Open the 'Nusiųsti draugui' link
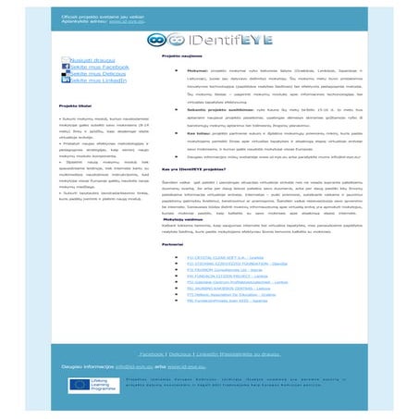(89, 59)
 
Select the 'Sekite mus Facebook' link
(97, 67)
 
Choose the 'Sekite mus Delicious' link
(96, 74)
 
